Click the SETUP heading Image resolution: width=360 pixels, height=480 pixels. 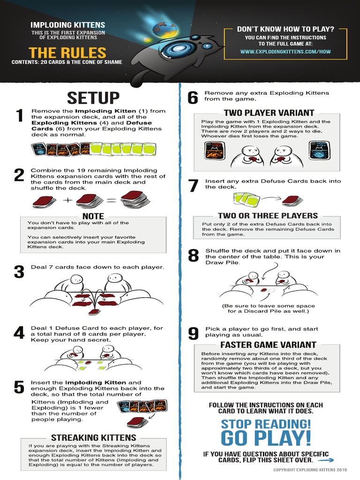pos(93,98)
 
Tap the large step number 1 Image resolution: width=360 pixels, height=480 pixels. pos(19,115)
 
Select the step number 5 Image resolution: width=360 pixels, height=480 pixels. pos(19,387)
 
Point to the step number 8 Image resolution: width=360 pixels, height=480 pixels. pos(193,256)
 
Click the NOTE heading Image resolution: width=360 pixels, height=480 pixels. pos(93,216)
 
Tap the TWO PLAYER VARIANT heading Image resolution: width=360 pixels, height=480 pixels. pos(269,112)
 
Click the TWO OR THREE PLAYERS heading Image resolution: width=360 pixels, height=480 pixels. pos(268,216)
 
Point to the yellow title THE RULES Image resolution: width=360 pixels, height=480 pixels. pos(67,52)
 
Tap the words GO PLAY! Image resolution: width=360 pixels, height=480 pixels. pos(266,439)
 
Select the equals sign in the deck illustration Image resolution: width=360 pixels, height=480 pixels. pos(112,201)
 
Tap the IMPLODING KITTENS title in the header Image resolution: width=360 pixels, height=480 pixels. pos(67,25)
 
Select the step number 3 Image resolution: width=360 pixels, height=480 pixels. pos(19,271)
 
